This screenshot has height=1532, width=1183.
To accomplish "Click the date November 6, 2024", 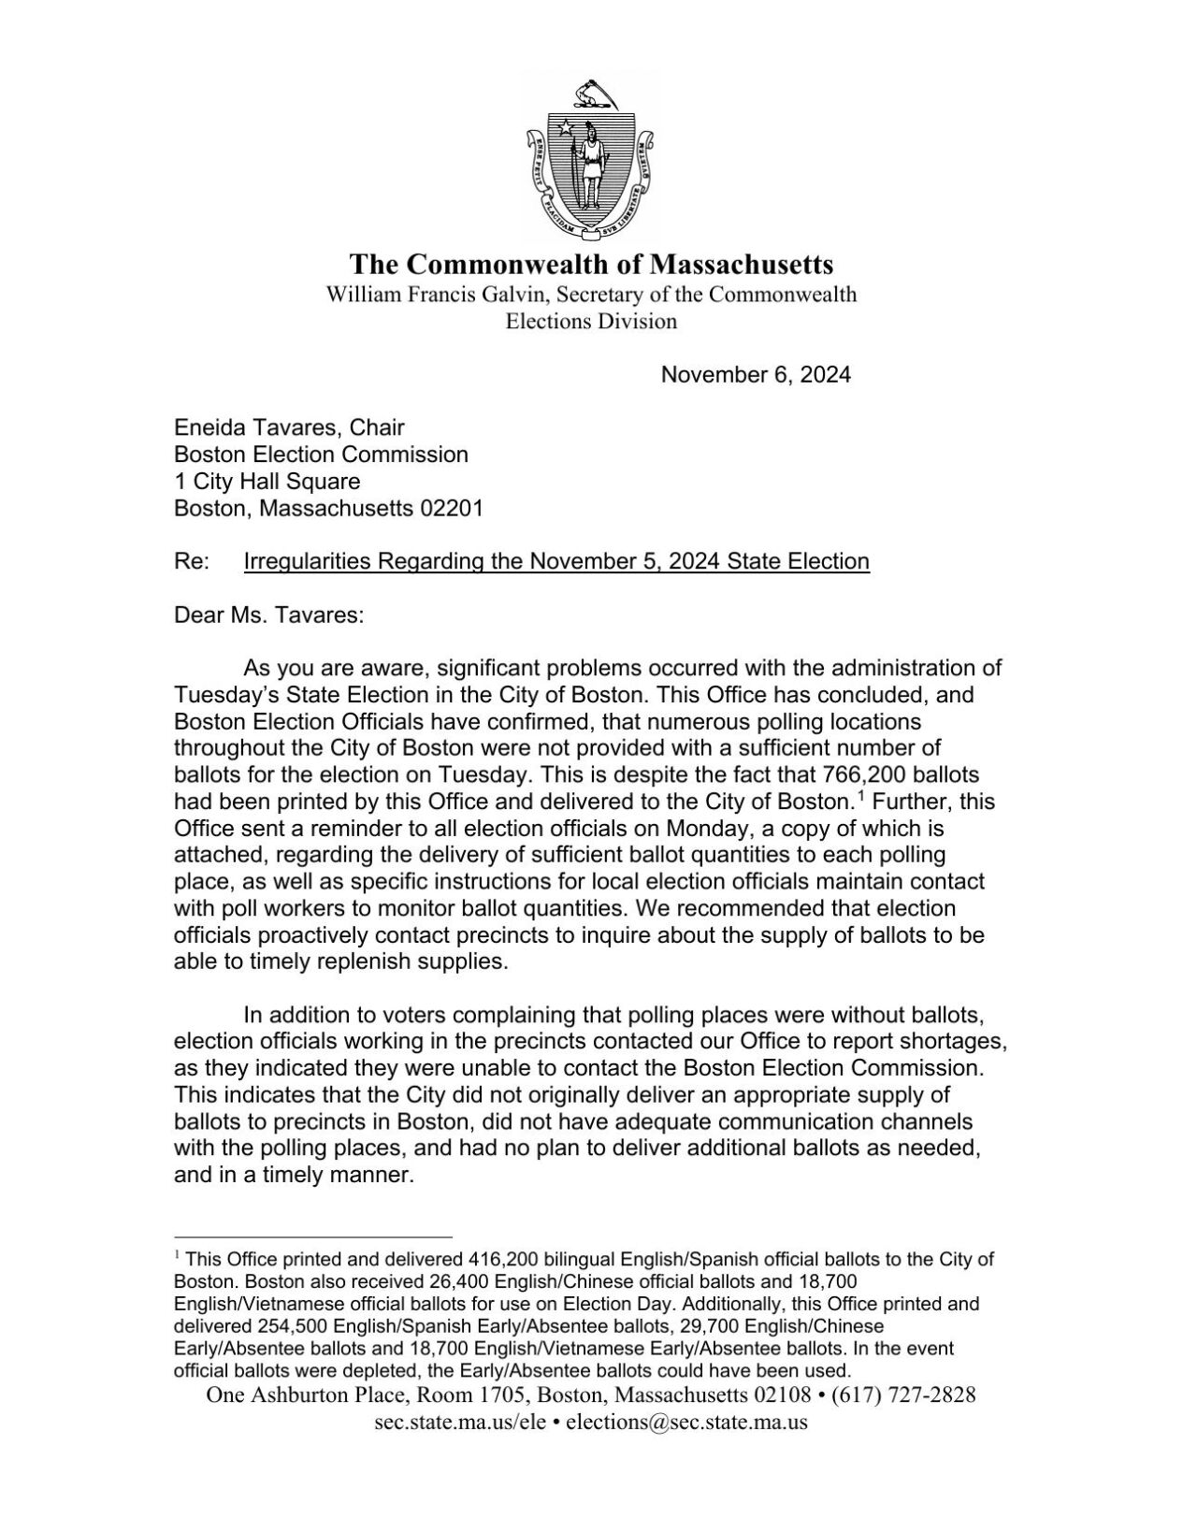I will pyautogui.click(x=756, y=375).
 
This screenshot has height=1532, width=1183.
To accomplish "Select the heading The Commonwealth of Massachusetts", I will pyautogui.click(x=591, y=264).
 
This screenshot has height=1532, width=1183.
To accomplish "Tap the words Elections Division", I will pyautogui.click(x=591, y=322).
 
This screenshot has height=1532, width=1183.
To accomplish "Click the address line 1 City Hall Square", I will pyautogui.click(x=267, y=482).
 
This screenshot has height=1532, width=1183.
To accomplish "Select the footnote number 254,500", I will pyautogui.click(x=293, y=1326).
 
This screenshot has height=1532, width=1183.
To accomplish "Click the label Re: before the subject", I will pyautogui.click(x=193, y=561).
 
